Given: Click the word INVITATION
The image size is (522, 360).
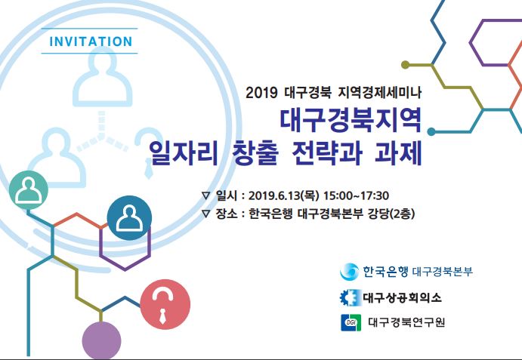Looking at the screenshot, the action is (91, 42).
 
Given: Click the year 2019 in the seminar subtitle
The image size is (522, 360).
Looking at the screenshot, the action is (261, 93).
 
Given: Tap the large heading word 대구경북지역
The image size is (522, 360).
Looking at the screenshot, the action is (351, 120).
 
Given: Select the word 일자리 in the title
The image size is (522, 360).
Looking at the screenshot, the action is (184, 153).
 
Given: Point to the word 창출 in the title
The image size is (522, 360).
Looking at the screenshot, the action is (255, 153).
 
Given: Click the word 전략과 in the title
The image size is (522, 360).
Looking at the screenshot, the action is (327, 153).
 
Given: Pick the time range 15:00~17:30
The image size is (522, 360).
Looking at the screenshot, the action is (357, 195).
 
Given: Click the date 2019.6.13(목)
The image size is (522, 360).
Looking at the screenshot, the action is (283, 195).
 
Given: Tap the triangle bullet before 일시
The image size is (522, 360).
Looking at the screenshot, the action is (206, 195).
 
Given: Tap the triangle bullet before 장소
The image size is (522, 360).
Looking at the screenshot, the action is (206, 214).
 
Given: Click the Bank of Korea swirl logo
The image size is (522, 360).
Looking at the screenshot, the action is (349, 272).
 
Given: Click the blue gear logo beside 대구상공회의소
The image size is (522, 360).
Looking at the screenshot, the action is (351, 297).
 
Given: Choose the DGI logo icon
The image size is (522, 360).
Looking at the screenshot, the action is (351, 322).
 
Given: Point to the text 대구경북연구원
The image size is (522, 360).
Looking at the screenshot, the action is (406, 322).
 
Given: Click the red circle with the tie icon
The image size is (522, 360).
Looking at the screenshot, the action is (165, 304).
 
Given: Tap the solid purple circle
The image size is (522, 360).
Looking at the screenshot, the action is (101, 341).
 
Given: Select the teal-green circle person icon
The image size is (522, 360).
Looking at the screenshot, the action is (29, 190).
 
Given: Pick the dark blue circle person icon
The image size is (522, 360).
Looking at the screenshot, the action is (129, 218).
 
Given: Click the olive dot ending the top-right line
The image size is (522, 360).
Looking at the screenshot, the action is (405, 65).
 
